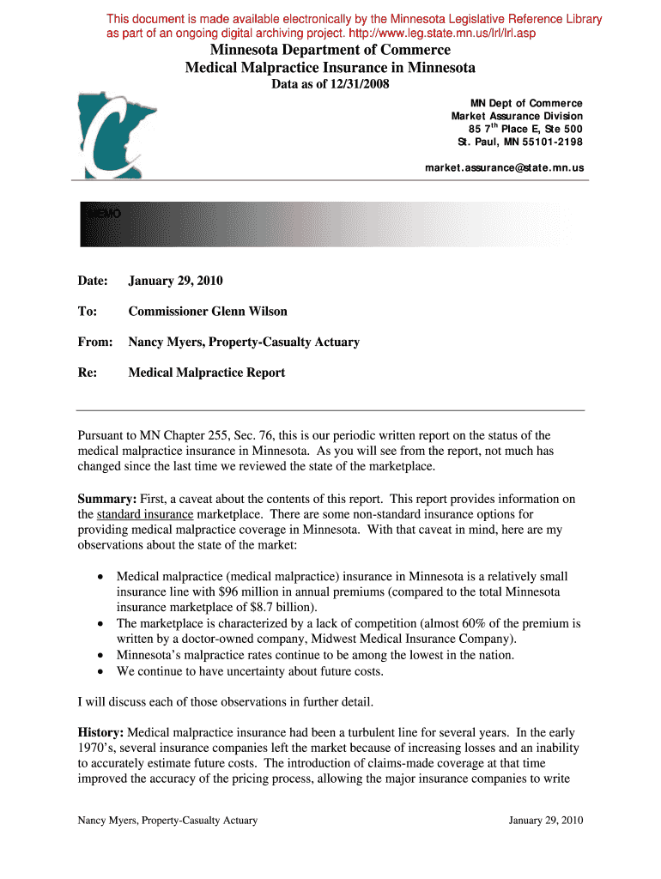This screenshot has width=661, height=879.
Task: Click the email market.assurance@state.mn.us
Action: click(504, 168)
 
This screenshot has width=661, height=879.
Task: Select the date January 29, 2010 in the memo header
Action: click(175, 281)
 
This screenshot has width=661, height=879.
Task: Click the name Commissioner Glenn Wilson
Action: click(208, 312)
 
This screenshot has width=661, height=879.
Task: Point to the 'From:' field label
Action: click(95, 343)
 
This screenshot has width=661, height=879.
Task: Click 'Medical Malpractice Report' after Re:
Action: click(206, 373)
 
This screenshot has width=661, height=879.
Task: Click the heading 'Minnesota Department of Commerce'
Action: click(330, 51)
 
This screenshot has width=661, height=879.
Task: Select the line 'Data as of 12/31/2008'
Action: click(330, 84)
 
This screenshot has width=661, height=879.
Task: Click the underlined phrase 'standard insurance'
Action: click(144, 514)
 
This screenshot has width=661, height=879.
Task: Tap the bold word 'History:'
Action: click(102, 732)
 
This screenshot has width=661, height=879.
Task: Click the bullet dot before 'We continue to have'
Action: click(101, 671)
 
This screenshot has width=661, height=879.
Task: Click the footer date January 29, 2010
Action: click(545, 820)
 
